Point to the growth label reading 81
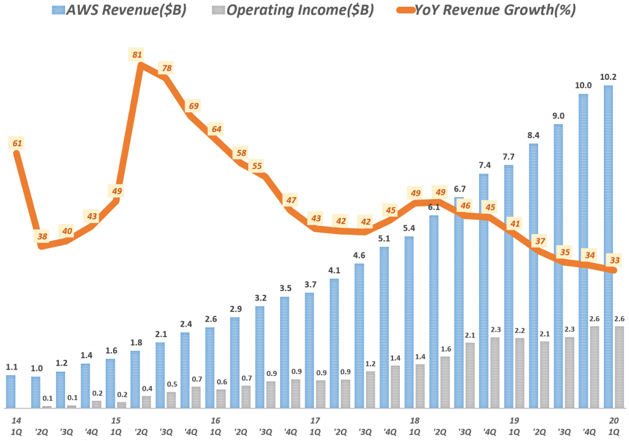tap(136, 55)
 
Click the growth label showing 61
tap(17, 143)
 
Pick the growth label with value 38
tap(42, 236)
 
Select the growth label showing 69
tap(193, 106)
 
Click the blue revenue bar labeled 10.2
tap(608, 246)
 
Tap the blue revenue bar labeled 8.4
tap(533, 276)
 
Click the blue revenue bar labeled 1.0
tap(35, 392)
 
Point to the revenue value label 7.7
tap(509, 157)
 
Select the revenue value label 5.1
tap(384, 238)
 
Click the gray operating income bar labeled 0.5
tap(171, 400)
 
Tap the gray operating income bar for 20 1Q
tap(619, 367)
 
